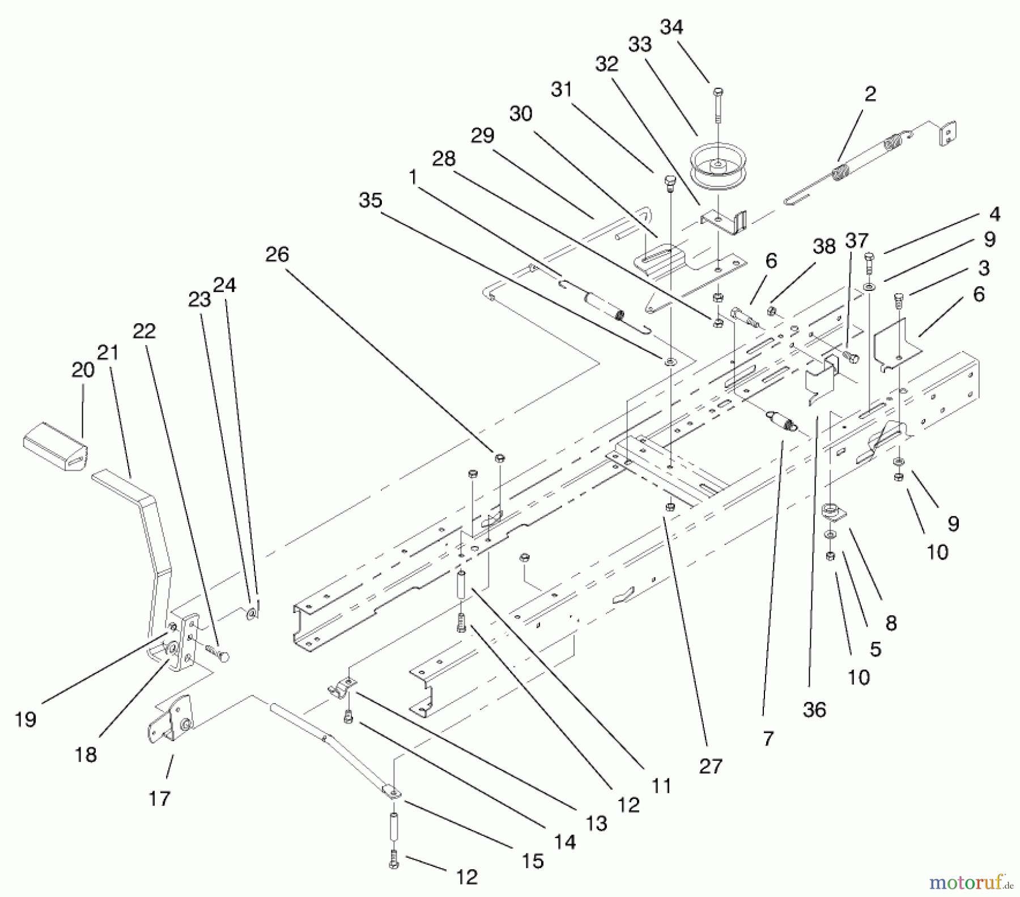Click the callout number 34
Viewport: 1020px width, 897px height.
point(671,27)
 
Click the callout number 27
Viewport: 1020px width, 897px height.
point(711,766)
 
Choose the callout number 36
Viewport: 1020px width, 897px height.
point(814,709)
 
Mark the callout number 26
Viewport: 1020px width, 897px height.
point(277,255)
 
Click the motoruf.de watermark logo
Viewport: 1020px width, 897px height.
point(970,882)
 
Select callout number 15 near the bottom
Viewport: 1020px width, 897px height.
point(533,861)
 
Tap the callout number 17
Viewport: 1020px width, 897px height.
point(159,798)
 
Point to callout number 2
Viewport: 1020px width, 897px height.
point(870,94)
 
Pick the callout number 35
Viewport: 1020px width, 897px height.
point(371,200)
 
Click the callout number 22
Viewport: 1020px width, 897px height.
point(144,331)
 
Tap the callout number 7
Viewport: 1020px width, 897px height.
point(768,738)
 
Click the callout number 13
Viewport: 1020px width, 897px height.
point(596,823)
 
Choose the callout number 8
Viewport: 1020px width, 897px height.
point(891,623)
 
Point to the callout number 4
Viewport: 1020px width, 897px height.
point(994,214)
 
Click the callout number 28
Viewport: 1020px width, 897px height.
point(444,159)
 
